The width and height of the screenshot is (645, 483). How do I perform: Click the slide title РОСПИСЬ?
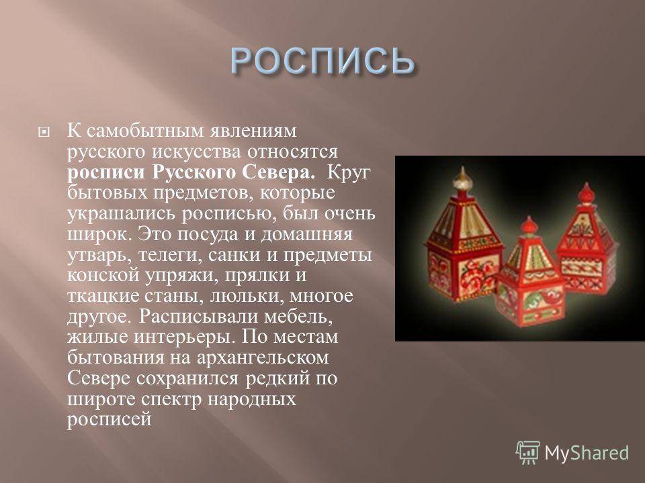point(322,61)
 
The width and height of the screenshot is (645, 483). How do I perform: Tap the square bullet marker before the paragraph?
point(43,132)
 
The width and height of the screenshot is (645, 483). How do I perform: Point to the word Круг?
point(349,172)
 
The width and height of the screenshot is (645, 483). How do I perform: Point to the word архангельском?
point(263,358)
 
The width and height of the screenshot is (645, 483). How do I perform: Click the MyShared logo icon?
point(528,452)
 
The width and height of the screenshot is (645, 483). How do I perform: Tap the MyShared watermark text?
point(587,453)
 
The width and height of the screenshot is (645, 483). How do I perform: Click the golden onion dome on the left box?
point(463,179)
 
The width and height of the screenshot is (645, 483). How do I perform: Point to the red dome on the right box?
point(586,194)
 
